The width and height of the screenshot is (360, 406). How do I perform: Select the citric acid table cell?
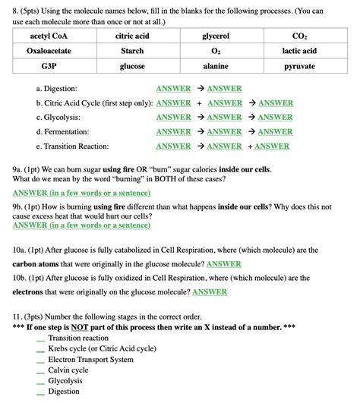132,36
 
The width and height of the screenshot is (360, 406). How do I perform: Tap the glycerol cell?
216,36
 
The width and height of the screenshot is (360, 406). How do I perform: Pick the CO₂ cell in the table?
299,36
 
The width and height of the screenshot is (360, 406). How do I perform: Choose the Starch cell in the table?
132,51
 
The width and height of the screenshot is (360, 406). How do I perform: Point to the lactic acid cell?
299,51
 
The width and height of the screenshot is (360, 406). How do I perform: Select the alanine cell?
216,66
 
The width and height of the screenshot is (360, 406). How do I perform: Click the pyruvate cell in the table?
299,66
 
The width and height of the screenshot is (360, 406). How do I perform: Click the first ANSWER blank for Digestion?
173,89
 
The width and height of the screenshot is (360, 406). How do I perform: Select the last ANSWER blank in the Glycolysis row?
275,118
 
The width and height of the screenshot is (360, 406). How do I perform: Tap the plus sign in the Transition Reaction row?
250,146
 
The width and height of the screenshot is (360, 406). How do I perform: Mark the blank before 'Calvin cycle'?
40,370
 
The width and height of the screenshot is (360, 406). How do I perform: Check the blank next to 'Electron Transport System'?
40,360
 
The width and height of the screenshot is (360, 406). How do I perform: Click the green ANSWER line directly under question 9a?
81,193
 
